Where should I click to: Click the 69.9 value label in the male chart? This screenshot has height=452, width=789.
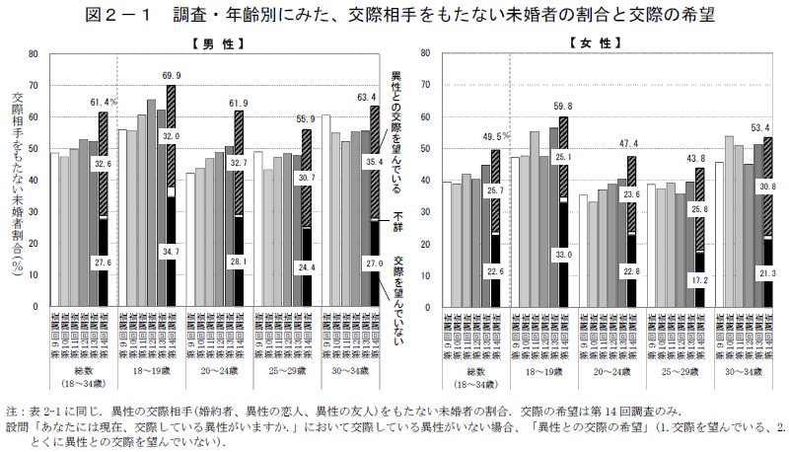(x=172, y=75)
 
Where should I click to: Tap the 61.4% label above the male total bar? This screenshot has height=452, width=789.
(x=104, y=102)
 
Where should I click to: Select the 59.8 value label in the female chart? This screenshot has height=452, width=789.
(x=563, y=107)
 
